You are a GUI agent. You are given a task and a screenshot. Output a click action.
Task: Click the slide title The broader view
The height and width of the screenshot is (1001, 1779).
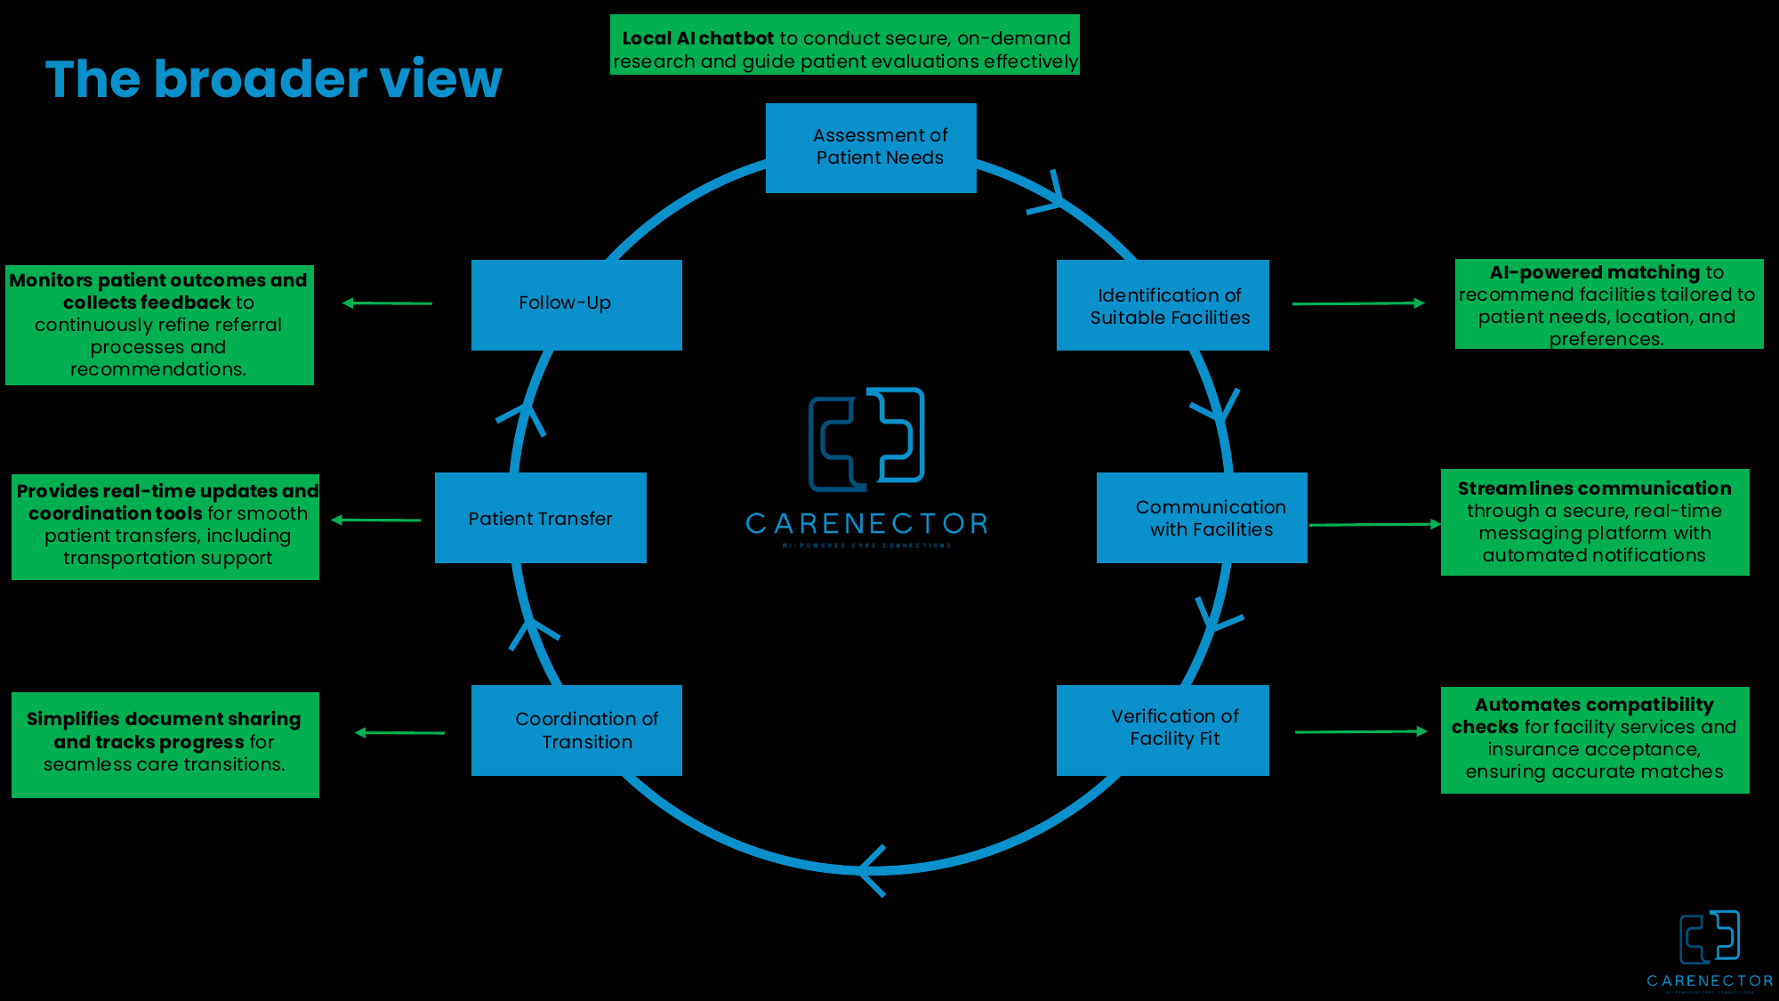click(273, 79)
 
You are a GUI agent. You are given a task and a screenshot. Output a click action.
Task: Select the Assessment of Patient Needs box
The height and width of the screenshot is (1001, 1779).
click(871, 148)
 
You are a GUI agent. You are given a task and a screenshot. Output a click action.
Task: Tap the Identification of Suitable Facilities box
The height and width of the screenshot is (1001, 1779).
click(1163, 305)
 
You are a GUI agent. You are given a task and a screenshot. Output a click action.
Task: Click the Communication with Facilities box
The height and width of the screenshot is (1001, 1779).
click(1202, 518)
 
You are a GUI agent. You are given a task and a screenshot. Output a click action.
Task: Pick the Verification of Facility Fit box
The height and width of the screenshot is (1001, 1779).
click(1163, 730)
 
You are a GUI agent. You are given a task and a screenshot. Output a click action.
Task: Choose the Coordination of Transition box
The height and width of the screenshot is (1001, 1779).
click(576, 730)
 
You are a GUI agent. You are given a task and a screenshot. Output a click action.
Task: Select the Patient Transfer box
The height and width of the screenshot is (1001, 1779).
click(540, 518)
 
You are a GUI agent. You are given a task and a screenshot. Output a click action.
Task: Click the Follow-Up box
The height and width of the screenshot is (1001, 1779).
click(576, 304)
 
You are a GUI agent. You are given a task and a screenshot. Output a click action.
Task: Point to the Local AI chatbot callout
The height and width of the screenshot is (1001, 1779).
click(844, 44)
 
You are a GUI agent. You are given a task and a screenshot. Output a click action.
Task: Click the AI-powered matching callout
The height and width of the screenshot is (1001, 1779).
click(1608, 304)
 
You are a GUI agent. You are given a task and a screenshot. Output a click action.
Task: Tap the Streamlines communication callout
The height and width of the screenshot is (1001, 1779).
click(1594, 522)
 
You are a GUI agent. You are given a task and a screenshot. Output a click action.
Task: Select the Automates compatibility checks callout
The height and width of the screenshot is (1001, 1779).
click(1594, 739)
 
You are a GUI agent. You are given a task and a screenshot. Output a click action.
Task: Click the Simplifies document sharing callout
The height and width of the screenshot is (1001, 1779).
click(165, 744)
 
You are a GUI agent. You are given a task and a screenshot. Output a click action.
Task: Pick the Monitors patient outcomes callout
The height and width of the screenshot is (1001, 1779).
click(159, 325)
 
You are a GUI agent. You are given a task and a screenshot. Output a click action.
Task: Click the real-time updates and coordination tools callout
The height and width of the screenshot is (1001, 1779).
click(165, 527)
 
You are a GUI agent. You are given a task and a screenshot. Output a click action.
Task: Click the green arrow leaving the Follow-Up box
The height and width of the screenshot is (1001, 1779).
click(387, 303)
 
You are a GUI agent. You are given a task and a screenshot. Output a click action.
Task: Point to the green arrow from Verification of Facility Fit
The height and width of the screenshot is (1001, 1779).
click(1360, 731)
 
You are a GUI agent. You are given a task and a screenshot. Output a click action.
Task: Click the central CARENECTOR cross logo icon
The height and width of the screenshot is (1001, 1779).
click(866, 439)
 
